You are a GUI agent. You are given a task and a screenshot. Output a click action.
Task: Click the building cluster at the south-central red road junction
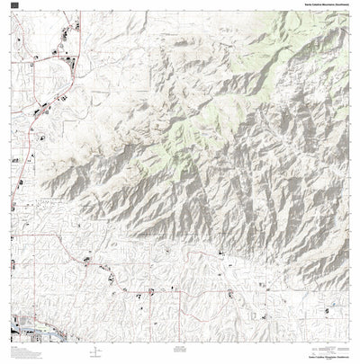(x=151, y=290)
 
